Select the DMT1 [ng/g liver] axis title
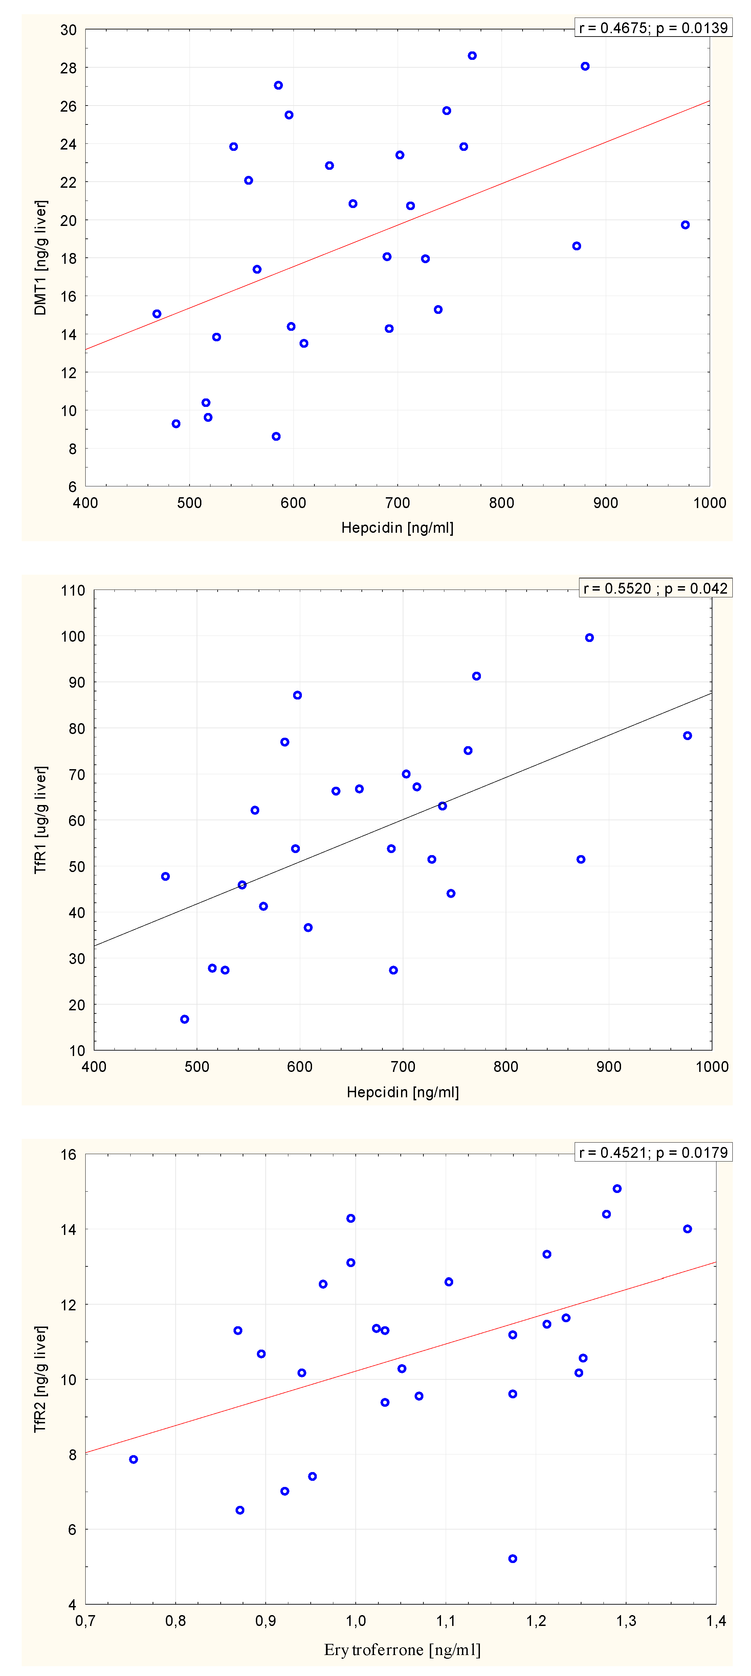[x=40, y=258]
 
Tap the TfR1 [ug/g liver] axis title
[x=40, y=820]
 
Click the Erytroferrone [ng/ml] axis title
[x=402, y=1649]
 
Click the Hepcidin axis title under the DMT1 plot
[x=397, y=528]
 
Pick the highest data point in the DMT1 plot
[x=472, y=56]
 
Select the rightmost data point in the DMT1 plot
[x=685, y=225]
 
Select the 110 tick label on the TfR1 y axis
[x=73, y=591]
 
